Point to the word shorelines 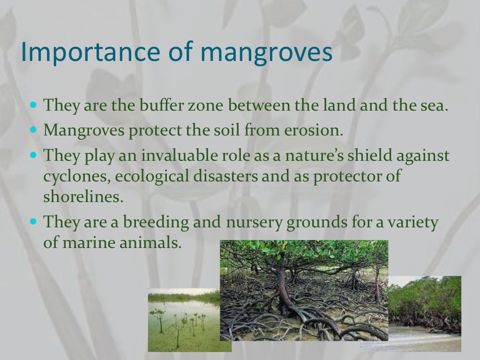[x=83, y=197]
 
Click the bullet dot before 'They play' [x=33, y=154]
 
